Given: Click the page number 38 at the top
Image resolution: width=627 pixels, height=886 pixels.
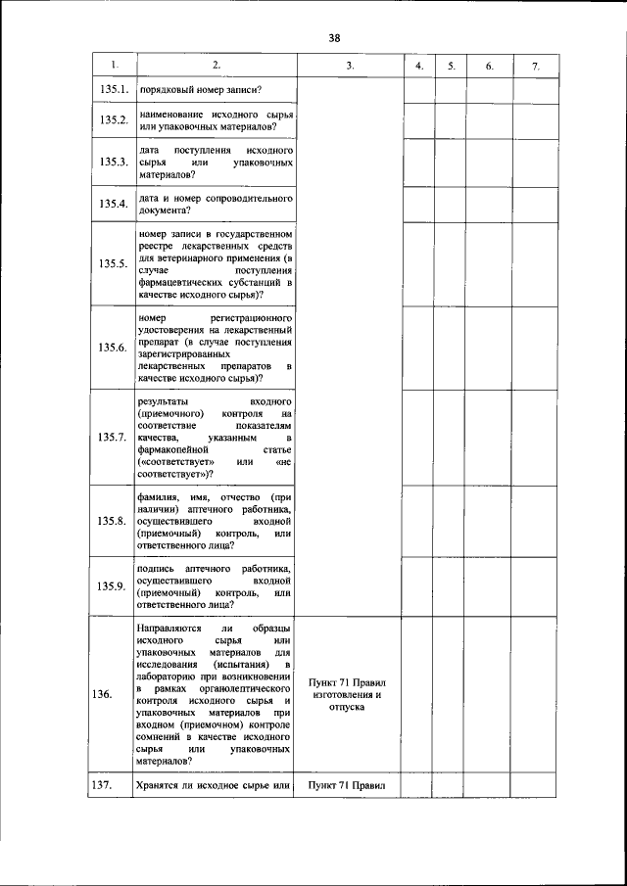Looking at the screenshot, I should (334, 38).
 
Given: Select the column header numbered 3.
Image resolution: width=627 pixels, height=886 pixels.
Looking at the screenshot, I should (349, 66).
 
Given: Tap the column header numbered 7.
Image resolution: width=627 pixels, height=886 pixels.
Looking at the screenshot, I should (535, 66).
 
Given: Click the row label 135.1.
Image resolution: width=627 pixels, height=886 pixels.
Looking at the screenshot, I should (115, 90).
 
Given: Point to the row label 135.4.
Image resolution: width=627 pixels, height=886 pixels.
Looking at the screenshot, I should (115, 204).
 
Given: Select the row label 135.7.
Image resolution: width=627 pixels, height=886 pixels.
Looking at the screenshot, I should (115, 437).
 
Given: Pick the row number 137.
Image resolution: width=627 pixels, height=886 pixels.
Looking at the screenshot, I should (102, 785).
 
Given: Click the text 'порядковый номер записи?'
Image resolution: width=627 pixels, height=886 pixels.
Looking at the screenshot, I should (199, 90).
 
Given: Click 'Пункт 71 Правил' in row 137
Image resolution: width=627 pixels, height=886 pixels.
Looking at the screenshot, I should (348, 785).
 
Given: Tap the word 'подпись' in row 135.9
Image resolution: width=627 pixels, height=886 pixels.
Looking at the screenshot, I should (157, 569).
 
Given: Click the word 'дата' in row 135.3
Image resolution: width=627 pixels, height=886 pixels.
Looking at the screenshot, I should (149, 150).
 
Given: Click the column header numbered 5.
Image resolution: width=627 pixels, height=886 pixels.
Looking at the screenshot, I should (451, 66).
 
